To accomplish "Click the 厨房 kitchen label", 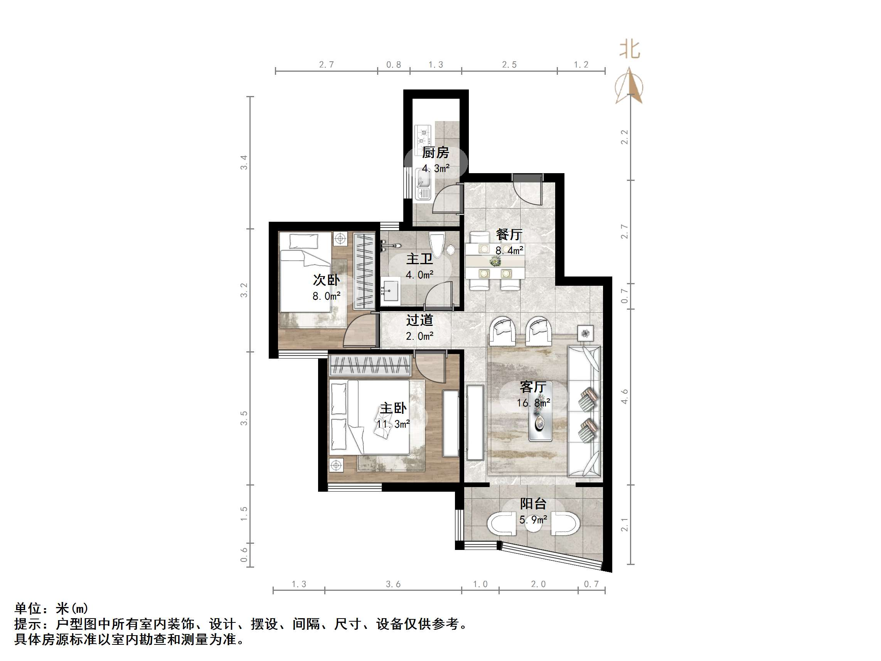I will pos(435,153).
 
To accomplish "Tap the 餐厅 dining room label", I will pos(509,235).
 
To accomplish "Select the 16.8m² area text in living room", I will pos(533,403).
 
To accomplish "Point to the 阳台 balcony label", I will pos(533,504).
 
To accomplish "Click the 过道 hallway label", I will pos(419,320).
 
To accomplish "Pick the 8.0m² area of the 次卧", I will pos(326,296).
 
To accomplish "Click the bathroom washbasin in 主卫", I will pos(390,291).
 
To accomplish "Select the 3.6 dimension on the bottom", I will pos(393,584).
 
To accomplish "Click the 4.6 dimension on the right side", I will pos(624,396).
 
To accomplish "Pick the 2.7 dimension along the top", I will pos(326,64).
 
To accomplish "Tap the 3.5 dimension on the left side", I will pos(244,418).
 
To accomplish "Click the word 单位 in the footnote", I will pos(28,609).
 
